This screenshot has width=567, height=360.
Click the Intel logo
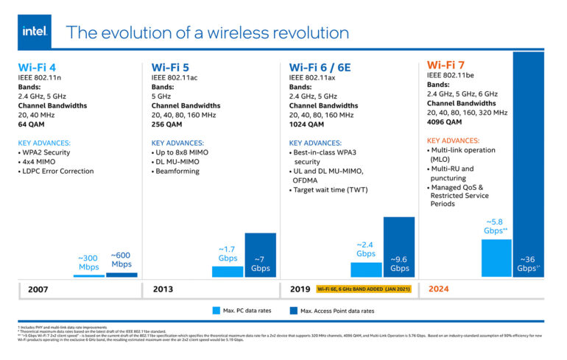(x=35, y=32)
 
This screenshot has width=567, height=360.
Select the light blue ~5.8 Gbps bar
(x=496, y=258)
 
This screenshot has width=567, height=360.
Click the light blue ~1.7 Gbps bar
(x=228, y=271)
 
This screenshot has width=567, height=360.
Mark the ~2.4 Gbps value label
(x=366, y=249)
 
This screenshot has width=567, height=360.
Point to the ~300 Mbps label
(x=89, y=262)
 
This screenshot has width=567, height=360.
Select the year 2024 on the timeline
(x=440, y=289)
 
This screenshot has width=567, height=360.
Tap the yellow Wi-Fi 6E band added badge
(x=364, y=289)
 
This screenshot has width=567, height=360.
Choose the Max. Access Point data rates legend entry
(x=337, y=311)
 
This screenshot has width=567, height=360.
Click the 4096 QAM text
(x=446, y=122)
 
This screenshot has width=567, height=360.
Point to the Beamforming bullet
(x=177, y=171)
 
